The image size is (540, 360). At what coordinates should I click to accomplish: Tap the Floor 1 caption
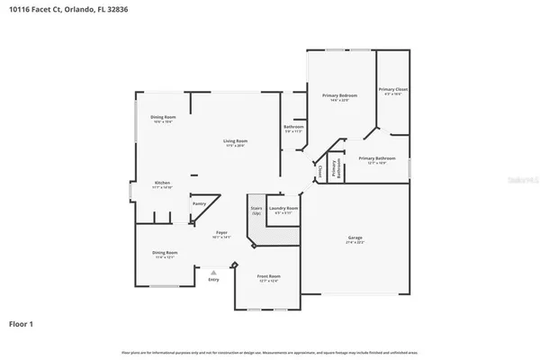(23, 322)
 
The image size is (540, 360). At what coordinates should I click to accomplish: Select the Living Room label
(236, 141)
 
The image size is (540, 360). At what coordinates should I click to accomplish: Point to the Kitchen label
(163, 183)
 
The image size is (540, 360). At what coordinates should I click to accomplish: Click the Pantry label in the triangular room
(199, 203)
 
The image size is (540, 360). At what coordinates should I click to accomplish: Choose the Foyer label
(220, 233)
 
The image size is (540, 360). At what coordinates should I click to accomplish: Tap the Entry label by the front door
(213, 280)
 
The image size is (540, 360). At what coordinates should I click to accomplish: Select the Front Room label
(268, 275)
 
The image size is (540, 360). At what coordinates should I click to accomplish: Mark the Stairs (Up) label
(256, 211)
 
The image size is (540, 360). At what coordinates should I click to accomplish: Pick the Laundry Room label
(283, 208)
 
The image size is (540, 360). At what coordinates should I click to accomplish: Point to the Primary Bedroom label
(341, 95)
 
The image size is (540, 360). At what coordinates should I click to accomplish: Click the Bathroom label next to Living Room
(294, 127)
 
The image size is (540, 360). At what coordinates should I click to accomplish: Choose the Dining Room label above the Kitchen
(163, 117)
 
